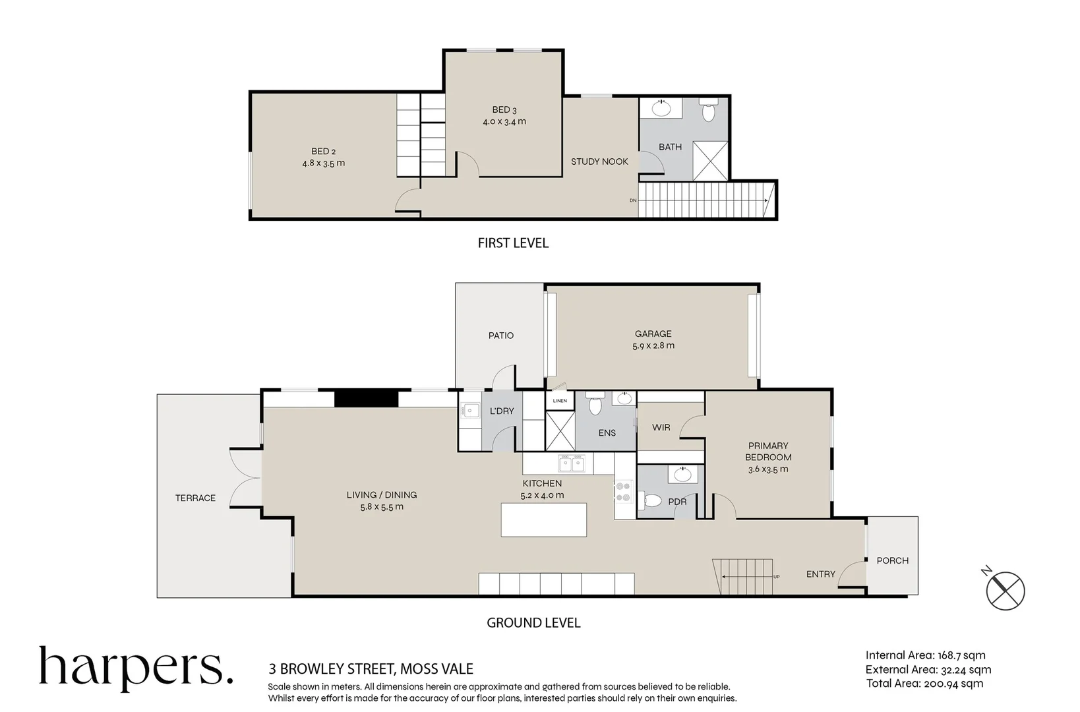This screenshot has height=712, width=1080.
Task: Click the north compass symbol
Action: pyautogui.click(x=1005, y=589)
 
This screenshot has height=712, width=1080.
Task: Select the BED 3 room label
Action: pyautogui.click(x=504, y=110)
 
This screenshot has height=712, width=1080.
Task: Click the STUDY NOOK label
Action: pyautogui.click(x=599, y=162)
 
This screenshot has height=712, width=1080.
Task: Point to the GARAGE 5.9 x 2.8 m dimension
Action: pyautogui.click(x=653, y=345)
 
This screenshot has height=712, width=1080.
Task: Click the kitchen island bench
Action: pyautogui.click(x=544, y=519)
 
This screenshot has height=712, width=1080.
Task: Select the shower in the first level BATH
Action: pyautogui.click(x=710, y=161)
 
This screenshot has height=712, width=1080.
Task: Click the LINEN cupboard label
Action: pyautogui.click(x=560, y=401)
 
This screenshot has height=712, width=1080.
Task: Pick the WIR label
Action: pyautogui.click(x=661, y=427)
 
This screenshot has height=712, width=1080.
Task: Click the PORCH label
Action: pyautogui.click(x=892, y=560)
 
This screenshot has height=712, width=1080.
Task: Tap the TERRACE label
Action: pyautogui.click(x=195, y=498)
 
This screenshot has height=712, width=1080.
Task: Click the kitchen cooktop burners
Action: pyautogui.click(x=623, y=491)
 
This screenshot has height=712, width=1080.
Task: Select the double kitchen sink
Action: pyautogui.click(x=571, y=464)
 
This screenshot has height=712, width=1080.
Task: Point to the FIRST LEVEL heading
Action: pyautogui.click(x=513, y=243)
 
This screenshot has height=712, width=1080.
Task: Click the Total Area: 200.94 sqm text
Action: pyautogui.click(x=924, y=684)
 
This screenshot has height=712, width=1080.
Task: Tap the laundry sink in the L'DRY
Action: pyautogui.click(x=471, y=411)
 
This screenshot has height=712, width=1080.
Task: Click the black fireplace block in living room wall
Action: pyautogui.click(x=366, y=399)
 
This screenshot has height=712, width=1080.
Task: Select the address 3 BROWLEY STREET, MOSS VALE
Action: pyautogui.click(x=371, y=669)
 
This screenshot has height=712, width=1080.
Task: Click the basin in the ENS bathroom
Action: pyautogui.click(x=624, y=398)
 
